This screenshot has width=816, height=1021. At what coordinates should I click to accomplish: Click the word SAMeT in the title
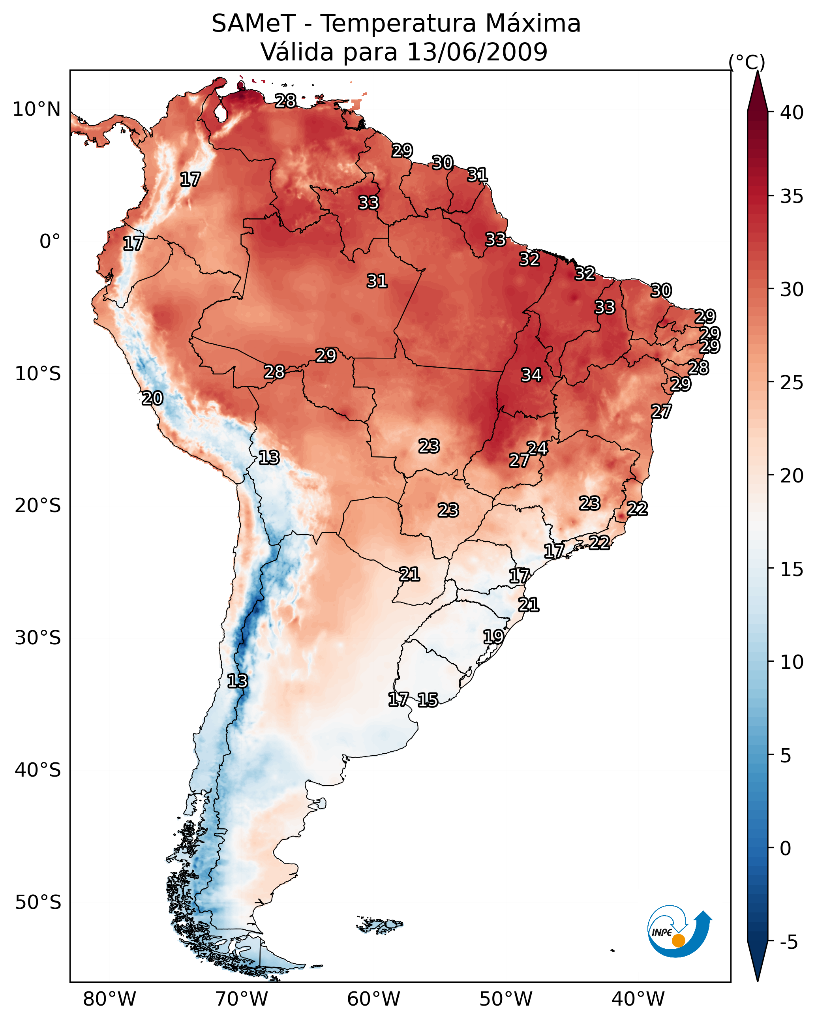click(x=253, y=24)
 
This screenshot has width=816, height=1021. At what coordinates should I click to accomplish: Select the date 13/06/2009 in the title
click(x=477, y=52)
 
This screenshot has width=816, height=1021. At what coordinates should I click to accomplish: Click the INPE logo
click(x=679, y=933)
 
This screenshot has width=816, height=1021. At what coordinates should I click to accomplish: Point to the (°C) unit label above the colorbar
click(x=747, y=62)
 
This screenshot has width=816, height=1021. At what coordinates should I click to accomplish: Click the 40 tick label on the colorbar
click(x=792, y=113)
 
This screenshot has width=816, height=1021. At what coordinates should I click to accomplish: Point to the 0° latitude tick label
click(x=50, y=242)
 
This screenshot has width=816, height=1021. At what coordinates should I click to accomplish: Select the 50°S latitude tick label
click(x=38, y=902)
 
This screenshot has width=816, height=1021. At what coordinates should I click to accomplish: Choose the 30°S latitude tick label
click(x=38, y=638)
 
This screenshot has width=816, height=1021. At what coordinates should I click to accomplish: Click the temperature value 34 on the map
click(x=531, y=375)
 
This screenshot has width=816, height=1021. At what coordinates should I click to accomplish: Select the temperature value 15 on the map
click(x=428, y=700)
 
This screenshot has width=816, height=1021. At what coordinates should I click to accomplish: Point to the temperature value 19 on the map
click(x=493, y=636)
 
